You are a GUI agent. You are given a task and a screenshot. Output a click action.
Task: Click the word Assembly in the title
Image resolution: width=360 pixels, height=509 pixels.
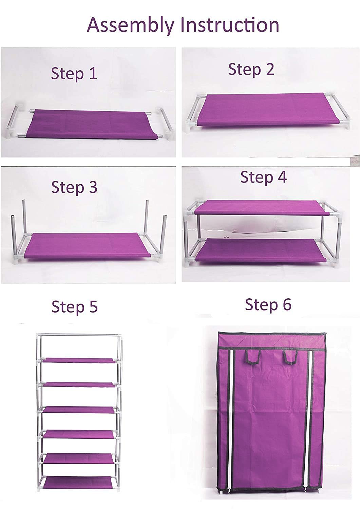(131, 25)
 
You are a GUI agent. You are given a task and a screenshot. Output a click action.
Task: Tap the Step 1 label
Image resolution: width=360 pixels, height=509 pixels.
(74, 74)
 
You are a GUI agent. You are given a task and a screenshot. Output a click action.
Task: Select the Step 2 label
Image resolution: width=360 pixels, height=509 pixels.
(251, 69)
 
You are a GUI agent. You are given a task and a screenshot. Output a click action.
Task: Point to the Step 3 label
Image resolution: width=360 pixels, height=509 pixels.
(74, 187)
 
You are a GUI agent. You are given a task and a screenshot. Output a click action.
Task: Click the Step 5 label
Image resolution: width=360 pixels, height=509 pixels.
(75, 307)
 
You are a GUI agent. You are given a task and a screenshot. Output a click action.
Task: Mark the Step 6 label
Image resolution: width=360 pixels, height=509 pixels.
(268, 304)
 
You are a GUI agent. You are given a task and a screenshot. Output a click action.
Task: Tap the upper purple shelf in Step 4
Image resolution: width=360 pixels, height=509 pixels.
(261, 207)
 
